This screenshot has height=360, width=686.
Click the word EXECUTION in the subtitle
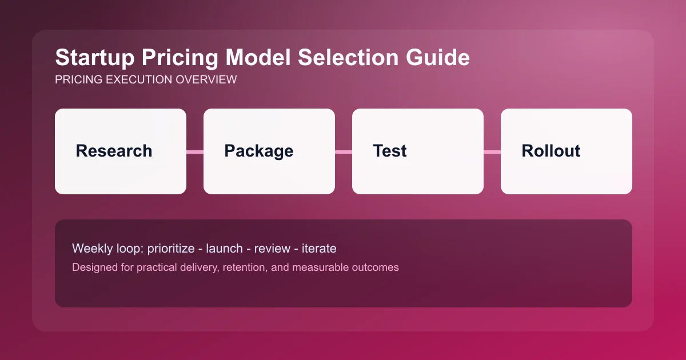click(135, 80)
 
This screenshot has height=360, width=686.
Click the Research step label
click(114, 151)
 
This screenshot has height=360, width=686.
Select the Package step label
click(258, 151)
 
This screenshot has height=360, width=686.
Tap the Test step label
click(389, 151)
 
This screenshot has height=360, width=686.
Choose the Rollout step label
click(551, 151)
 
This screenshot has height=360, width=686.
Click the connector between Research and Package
click(195, 151)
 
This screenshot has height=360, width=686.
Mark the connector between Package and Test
click(344, 151)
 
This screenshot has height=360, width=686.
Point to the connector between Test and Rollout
click(492, 151)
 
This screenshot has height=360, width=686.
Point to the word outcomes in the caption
click(375, 267)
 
